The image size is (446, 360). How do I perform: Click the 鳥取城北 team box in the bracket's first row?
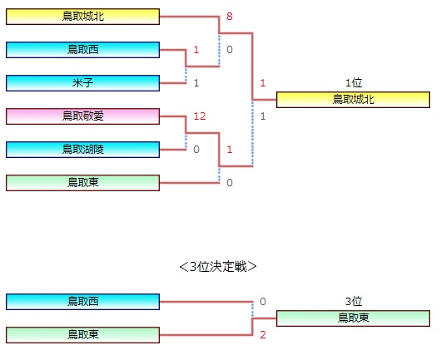tap(82, 17)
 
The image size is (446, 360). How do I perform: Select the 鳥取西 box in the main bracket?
tap(82, 50)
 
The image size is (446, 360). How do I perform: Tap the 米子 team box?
tap(82, 83)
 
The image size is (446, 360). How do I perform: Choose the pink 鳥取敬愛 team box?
tap(82, 116)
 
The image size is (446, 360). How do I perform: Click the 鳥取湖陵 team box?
tap(82, 150)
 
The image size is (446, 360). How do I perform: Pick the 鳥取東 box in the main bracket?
tap(82, 183)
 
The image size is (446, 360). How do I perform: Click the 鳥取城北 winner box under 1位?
tap(353, 100)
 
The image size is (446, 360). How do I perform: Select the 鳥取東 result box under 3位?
tap(353, 318)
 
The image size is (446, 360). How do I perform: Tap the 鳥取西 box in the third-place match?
tap(82, 302)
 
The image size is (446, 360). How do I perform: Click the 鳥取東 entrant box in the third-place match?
tap(82, 335)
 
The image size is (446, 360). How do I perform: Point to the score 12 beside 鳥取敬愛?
tap(200, 116)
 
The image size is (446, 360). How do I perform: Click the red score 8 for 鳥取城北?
tap(230, 17)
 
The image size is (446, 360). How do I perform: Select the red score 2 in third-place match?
tap(263, 335)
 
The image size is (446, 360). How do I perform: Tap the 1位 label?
tap(354, 82)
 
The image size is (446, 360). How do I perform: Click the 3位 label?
tap(354, 301)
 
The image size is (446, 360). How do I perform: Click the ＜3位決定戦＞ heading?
tap(218, 267)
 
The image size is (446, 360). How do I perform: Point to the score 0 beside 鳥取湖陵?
tap(196, 150)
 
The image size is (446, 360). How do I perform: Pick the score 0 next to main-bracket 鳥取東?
tap(230, 183)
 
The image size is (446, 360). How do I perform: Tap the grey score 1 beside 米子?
tap(196, 83)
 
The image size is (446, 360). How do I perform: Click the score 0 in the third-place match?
tap(263, 302)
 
